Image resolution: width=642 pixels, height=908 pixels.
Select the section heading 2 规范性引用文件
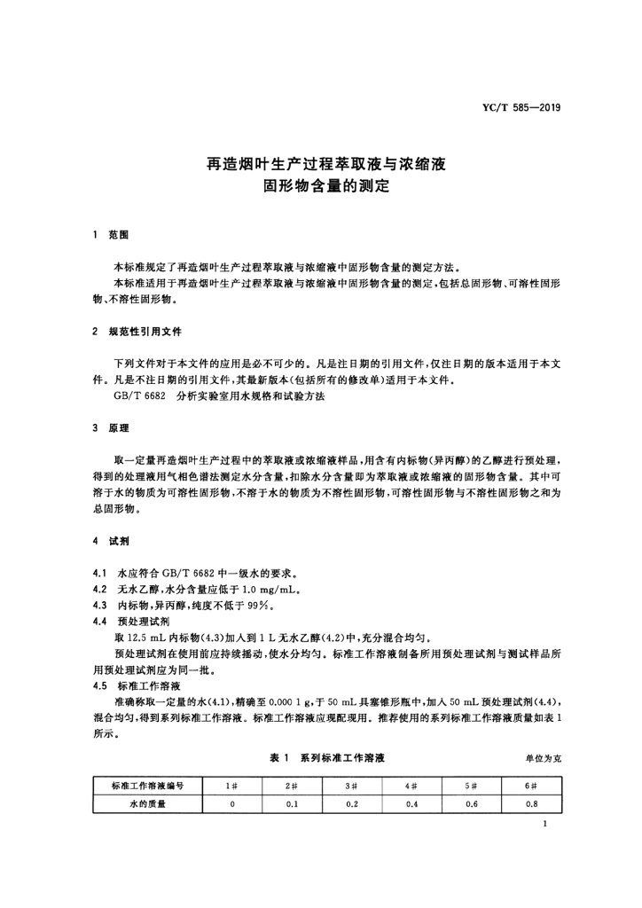137,332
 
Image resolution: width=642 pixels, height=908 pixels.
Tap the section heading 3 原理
111,427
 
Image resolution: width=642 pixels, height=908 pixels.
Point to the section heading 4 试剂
111,540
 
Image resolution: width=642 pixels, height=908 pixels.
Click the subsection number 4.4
100,621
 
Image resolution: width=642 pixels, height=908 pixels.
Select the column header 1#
232,787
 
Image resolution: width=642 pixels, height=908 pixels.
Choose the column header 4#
411,787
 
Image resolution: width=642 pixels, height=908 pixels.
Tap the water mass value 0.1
292,804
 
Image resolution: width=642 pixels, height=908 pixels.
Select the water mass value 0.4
411,804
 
